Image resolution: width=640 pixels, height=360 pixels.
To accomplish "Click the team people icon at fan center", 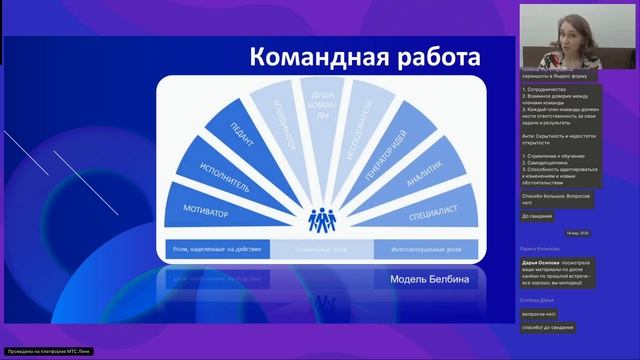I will [x=321, y=217].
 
